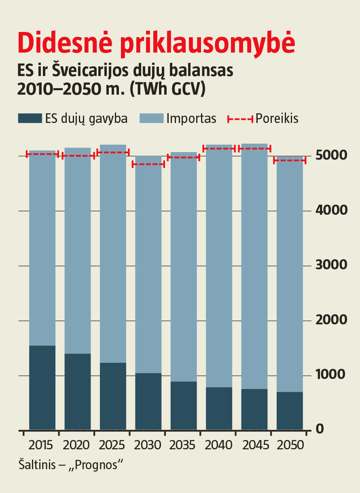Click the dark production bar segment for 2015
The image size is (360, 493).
tap(42, 387)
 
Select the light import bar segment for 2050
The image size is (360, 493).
tap(290, 275)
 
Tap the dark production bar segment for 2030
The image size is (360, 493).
tap(148, 401)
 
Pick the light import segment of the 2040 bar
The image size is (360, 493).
tap(219, 267)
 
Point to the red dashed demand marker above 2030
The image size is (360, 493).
tap(148, 164)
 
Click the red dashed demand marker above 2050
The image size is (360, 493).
tap(290, 161)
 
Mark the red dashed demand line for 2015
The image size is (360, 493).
tap(42, 154)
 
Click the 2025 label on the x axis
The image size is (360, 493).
tap(112, 446)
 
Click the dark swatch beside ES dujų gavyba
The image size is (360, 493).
tap(30, 118)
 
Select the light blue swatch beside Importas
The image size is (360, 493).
tap(151, 118)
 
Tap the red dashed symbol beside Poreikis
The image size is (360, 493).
tap(240, 119)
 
